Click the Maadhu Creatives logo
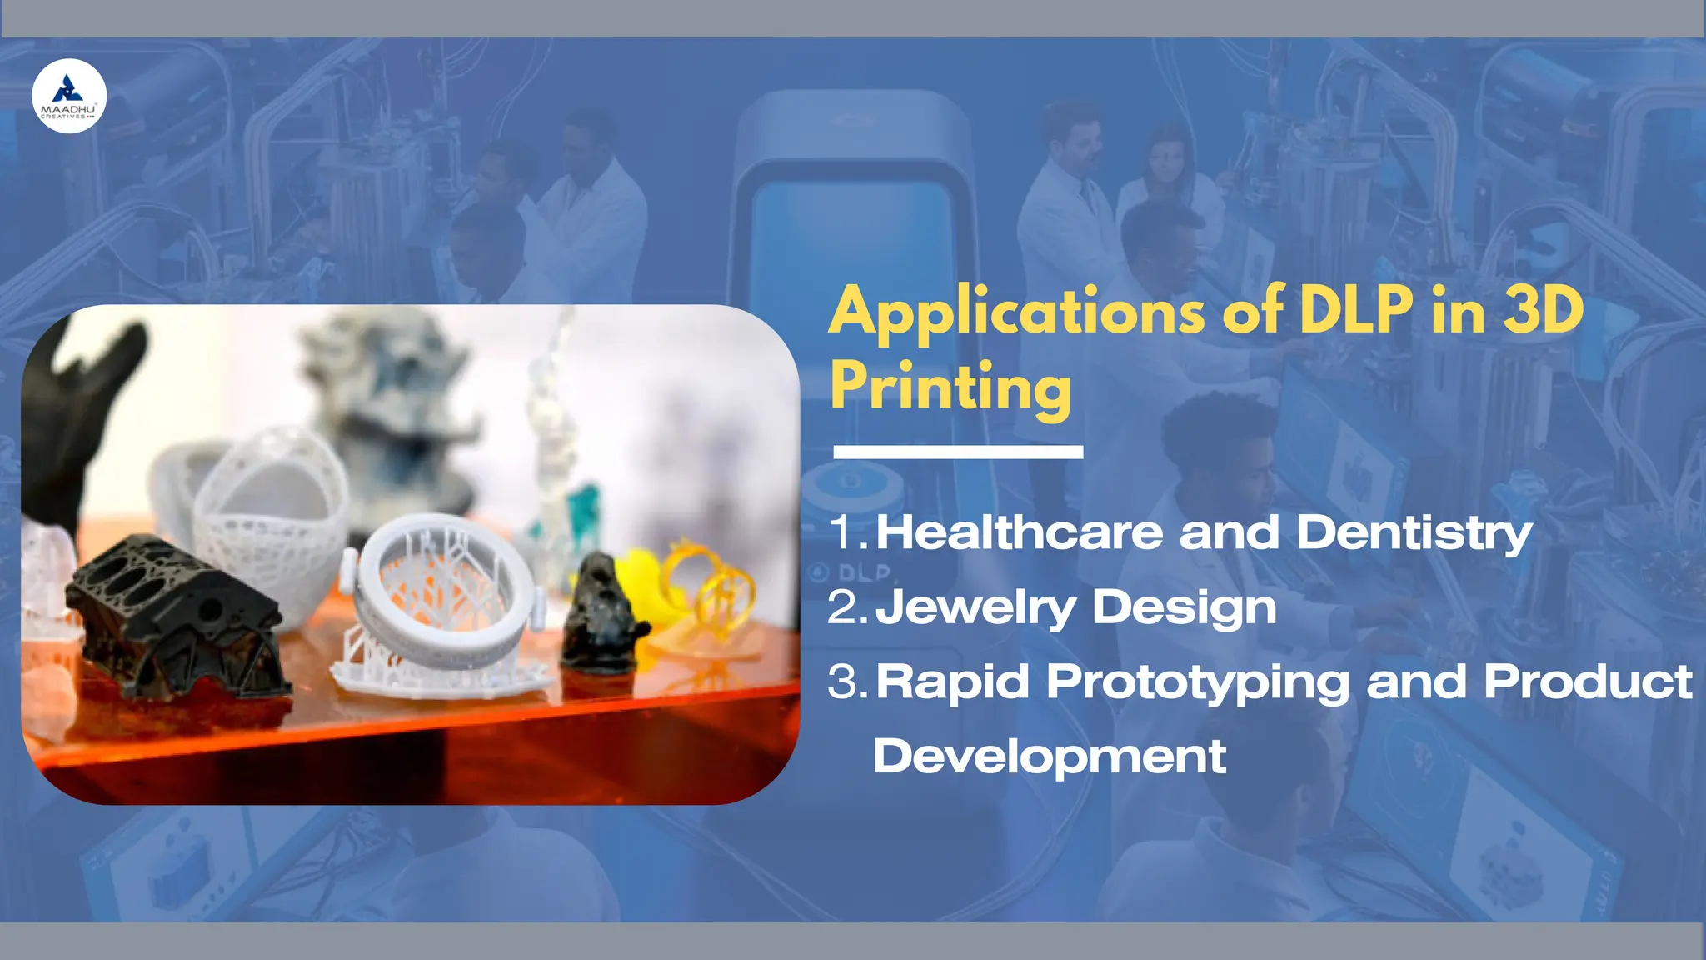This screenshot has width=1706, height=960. point(69,96)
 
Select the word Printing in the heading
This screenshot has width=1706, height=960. point(950,387)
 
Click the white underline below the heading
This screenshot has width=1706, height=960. point(958,452)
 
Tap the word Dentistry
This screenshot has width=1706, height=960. point(1414,533)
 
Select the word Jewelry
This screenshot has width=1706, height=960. point(975,607)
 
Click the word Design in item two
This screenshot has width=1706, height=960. point(1184,607)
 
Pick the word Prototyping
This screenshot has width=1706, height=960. point(1197,683)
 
